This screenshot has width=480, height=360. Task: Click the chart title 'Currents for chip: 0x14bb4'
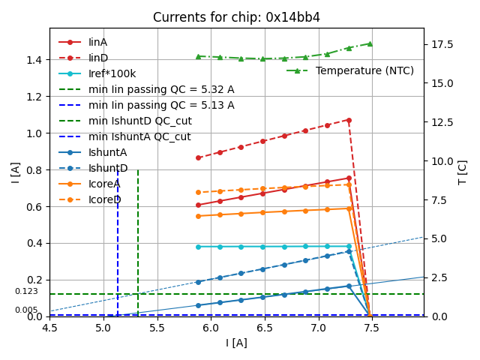tap(236, 17)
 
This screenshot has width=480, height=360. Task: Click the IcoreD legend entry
tap(104, 199)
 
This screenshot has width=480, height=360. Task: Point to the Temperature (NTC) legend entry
tap(364, 70)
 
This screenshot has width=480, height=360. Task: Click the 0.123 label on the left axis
tap(26, 291)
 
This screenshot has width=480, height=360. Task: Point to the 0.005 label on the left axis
tap(26, 310)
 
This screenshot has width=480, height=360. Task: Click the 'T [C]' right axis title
tap(462, 172)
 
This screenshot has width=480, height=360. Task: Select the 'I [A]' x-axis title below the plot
tap(236, 343)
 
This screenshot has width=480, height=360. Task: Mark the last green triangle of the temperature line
tap(370, 43)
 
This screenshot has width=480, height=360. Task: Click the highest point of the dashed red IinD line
tap(349, 120)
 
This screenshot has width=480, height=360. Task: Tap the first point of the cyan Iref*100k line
tap(198, 247)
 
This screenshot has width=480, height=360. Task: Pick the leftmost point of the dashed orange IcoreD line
tap(198, 193)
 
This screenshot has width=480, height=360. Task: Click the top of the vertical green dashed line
tap(138, 170)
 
